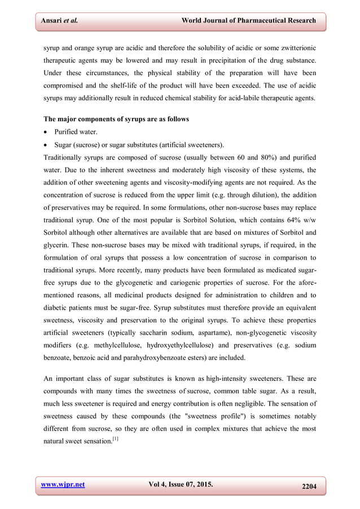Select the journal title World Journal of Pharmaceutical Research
(x=248, y=21)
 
